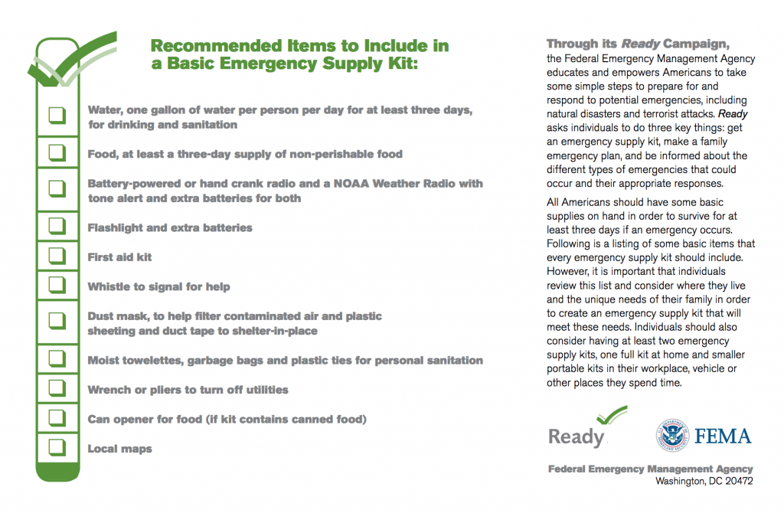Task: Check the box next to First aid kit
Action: (57, 256)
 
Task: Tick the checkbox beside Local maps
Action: (57, 447)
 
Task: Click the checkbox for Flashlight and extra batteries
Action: (57, 226)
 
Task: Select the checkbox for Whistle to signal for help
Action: (57, 285)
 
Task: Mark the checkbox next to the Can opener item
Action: (57, 417)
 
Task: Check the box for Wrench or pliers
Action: (57, 388)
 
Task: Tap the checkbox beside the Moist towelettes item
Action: (57, 358)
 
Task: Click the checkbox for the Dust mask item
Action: (57, 322)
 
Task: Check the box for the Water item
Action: (57, 116)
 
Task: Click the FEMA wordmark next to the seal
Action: (723, 436)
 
